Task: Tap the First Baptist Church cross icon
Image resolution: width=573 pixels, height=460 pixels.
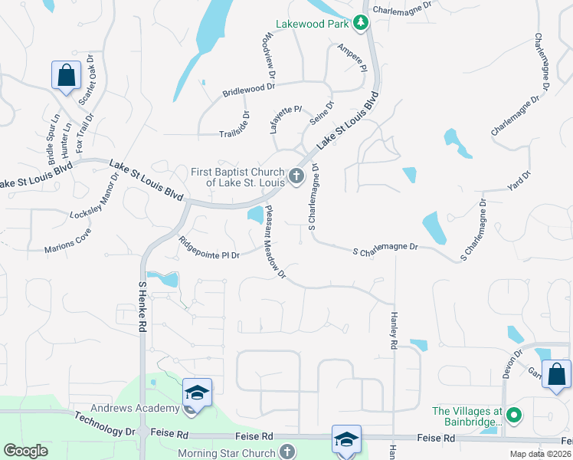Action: (296, 178)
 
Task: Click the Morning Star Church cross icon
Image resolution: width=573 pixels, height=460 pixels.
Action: (287, 452)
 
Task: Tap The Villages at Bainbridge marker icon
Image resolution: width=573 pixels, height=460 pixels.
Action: (514, 416)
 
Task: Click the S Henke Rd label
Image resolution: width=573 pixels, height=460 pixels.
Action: (142, 305)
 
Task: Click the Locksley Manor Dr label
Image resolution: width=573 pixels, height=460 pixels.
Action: (95, 196)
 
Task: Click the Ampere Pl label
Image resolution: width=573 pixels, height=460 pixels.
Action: (352, 58)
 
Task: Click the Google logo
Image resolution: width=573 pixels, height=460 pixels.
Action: (25, 451)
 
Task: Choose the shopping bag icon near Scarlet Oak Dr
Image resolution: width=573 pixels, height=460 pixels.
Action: (67, 76)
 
